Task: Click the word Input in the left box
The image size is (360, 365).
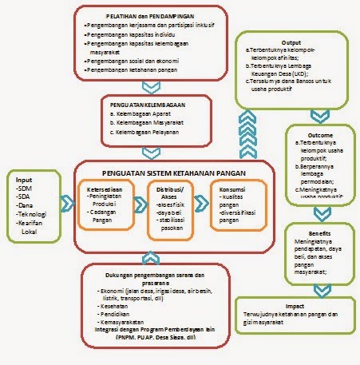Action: (x=25, y=181)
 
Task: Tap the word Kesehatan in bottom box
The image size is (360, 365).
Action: (x=117, y=304)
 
